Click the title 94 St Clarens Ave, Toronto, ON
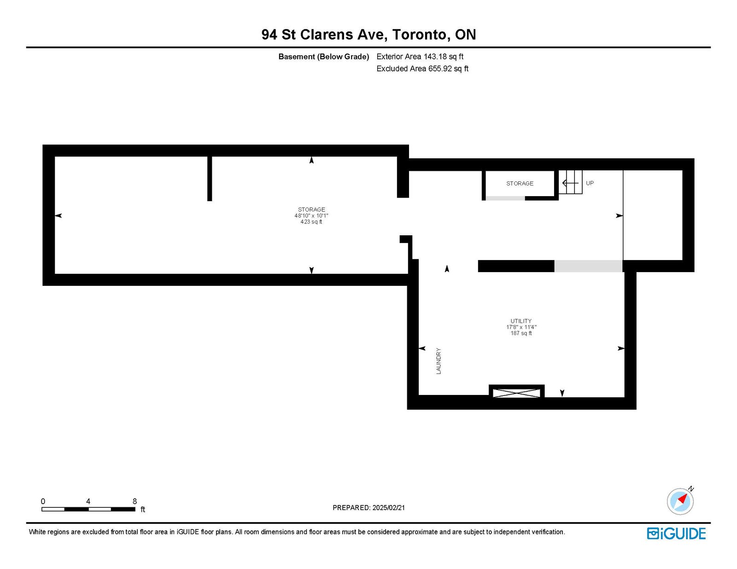pyautogui.click(x=368, y=35)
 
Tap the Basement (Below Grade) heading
pyautogui.click(x=323, y=57)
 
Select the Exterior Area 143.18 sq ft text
pyautogui.click(x=420, y=57)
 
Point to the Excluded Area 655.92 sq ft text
pyautogui.click(x=422, y=69)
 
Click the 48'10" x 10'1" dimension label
pyautogui.click(x=311, y=215)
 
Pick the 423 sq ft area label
pyautogui.click(x=311, y=221)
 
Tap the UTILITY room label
pyautogui.click(x=521, y=321)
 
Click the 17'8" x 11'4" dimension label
pyautogui.click(x=521, y=327)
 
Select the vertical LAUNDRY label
pyautogui.click(x=439, y=361)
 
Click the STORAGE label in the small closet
pyautogui.click(x=520, y=183)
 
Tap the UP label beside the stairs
pyautogui.click(x=590, y=183)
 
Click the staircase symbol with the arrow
pyautogui.click(x=570, y=182)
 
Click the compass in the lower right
pyautogui.click(x=680, y=501)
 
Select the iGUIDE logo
pyautogui.click(x=676, y=534)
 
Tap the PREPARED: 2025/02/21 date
pyautogui.click(x=368, y=508)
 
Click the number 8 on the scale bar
pyautogui.click(x=135, y=501)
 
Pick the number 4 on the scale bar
pyautogui.click(x=88, y=501)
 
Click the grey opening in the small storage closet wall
pyautogui.click(x=505, y=198)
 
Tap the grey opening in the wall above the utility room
pyautogui.click(x=588, y=266)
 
